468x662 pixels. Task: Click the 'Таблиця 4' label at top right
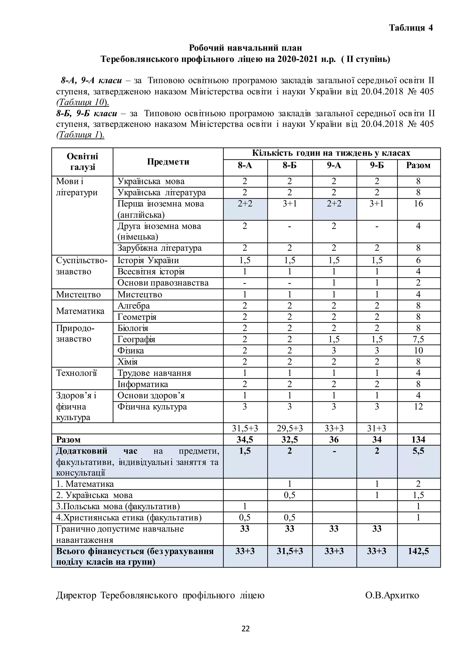(x=411, y=28)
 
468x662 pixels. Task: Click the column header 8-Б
(x=290, y=165)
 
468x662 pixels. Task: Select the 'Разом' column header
(x=418, y=165)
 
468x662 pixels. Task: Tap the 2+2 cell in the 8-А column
(x=245, y=204)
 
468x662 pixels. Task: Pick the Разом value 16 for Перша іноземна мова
(x=418, y=204)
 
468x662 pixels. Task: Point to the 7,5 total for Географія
(x=418, y=339)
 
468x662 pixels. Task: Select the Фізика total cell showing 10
(x=418, y=351)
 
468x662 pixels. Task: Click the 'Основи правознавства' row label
(x=163, y=283)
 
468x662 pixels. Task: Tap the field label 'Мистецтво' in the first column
(x=78, y=294)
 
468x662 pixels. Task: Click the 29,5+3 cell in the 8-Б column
(x=290, y=428)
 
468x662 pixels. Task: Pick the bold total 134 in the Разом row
(x=418, y=440)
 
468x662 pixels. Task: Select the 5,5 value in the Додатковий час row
(x=418, y=451)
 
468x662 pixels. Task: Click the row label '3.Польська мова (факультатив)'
(x=118, y=507)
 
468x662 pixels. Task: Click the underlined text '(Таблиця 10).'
(x=83, y=102)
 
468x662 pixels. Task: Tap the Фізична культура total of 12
(x=418, y=407)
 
